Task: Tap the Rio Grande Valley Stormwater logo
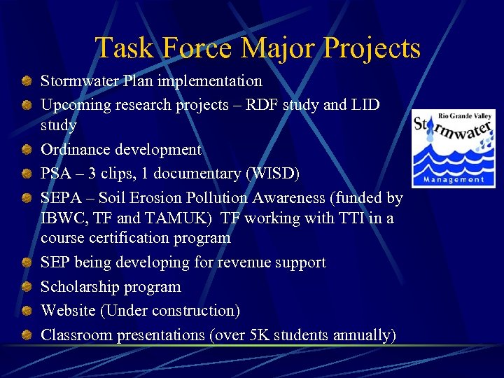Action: pyautogui.click(x=453, y=148)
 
